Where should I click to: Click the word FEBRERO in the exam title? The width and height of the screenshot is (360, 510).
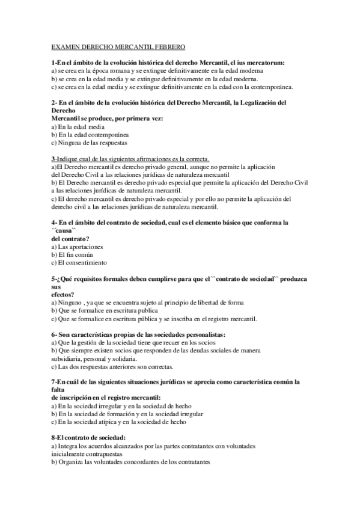(171, 46)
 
